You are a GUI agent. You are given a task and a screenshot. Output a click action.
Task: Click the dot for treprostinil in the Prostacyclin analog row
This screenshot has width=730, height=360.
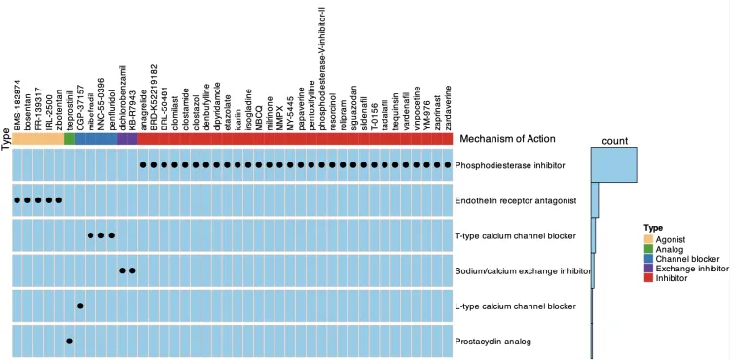click(x=69, y=341)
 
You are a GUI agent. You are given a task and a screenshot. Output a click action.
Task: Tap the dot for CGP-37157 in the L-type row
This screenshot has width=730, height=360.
click(x=80, y=306)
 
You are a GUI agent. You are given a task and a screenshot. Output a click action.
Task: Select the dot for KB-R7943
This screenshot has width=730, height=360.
click(x=132, y=270)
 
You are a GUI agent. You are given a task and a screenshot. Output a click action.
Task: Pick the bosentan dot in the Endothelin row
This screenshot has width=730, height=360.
click(x=27, y=200)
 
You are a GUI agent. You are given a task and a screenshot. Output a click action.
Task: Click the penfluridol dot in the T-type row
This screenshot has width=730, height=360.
click(x=111, y=235)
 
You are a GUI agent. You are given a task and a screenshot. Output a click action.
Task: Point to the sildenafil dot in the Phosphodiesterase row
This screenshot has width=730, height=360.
click(x=364, y=164)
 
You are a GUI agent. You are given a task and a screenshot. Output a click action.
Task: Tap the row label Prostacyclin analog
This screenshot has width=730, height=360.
click(x=487, y=342)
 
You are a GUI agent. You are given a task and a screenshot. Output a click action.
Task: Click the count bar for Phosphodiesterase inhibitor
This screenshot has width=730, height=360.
click(x=614, y=164)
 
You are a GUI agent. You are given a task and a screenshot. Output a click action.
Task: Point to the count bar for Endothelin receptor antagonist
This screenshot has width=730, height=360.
click(x=595, y=200)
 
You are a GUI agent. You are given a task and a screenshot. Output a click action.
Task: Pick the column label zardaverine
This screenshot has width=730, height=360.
click(x=448, y=108)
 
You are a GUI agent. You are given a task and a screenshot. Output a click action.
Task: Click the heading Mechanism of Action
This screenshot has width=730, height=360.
click(x=507, y=138)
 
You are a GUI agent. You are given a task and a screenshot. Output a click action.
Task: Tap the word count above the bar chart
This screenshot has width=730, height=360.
click(x=614, y=141)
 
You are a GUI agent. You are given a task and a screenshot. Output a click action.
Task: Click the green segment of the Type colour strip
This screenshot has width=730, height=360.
click(x=69, y=138)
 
